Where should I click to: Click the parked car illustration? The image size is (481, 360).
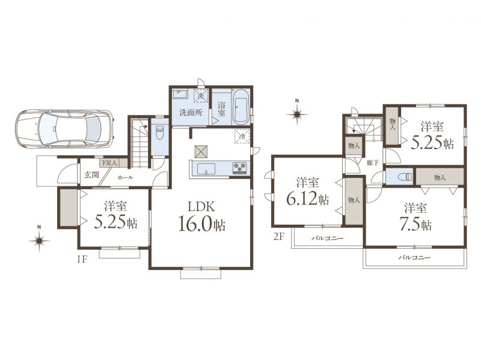click(64, 127)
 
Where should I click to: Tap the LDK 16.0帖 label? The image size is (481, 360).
click(202, 216)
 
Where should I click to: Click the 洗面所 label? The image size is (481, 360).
click(191, 112)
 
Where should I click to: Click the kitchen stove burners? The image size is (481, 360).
click(239, 167)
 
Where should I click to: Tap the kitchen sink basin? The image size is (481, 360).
click(206, 169)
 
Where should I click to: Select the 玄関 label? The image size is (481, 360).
click(91, 175)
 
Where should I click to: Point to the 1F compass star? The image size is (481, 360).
click(39, 241)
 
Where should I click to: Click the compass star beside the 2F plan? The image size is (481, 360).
click(297, 115)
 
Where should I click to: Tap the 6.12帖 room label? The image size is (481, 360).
click(307, 192)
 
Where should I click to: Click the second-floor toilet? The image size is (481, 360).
click(403, 177)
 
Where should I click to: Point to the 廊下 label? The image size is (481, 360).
click(372, 163)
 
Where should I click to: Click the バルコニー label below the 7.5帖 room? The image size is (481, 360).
click(414, 258)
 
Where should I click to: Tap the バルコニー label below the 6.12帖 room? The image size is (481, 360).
click(327, 238)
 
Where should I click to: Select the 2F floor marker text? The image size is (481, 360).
click(278, 237)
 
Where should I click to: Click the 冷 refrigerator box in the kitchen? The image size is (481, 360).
click(242, 136)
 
